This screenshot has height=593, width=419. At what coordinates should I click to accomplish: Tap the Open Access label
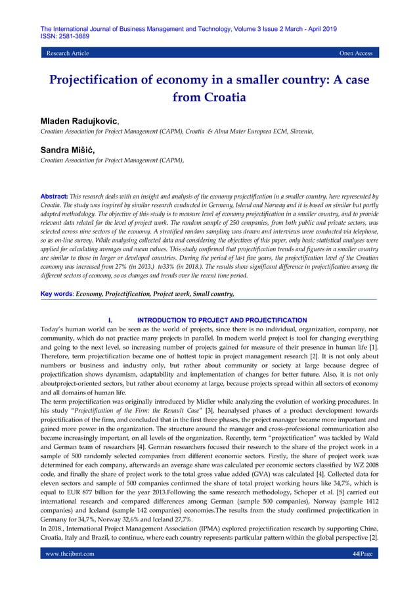pyautogui.click(x=355, y=53)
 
